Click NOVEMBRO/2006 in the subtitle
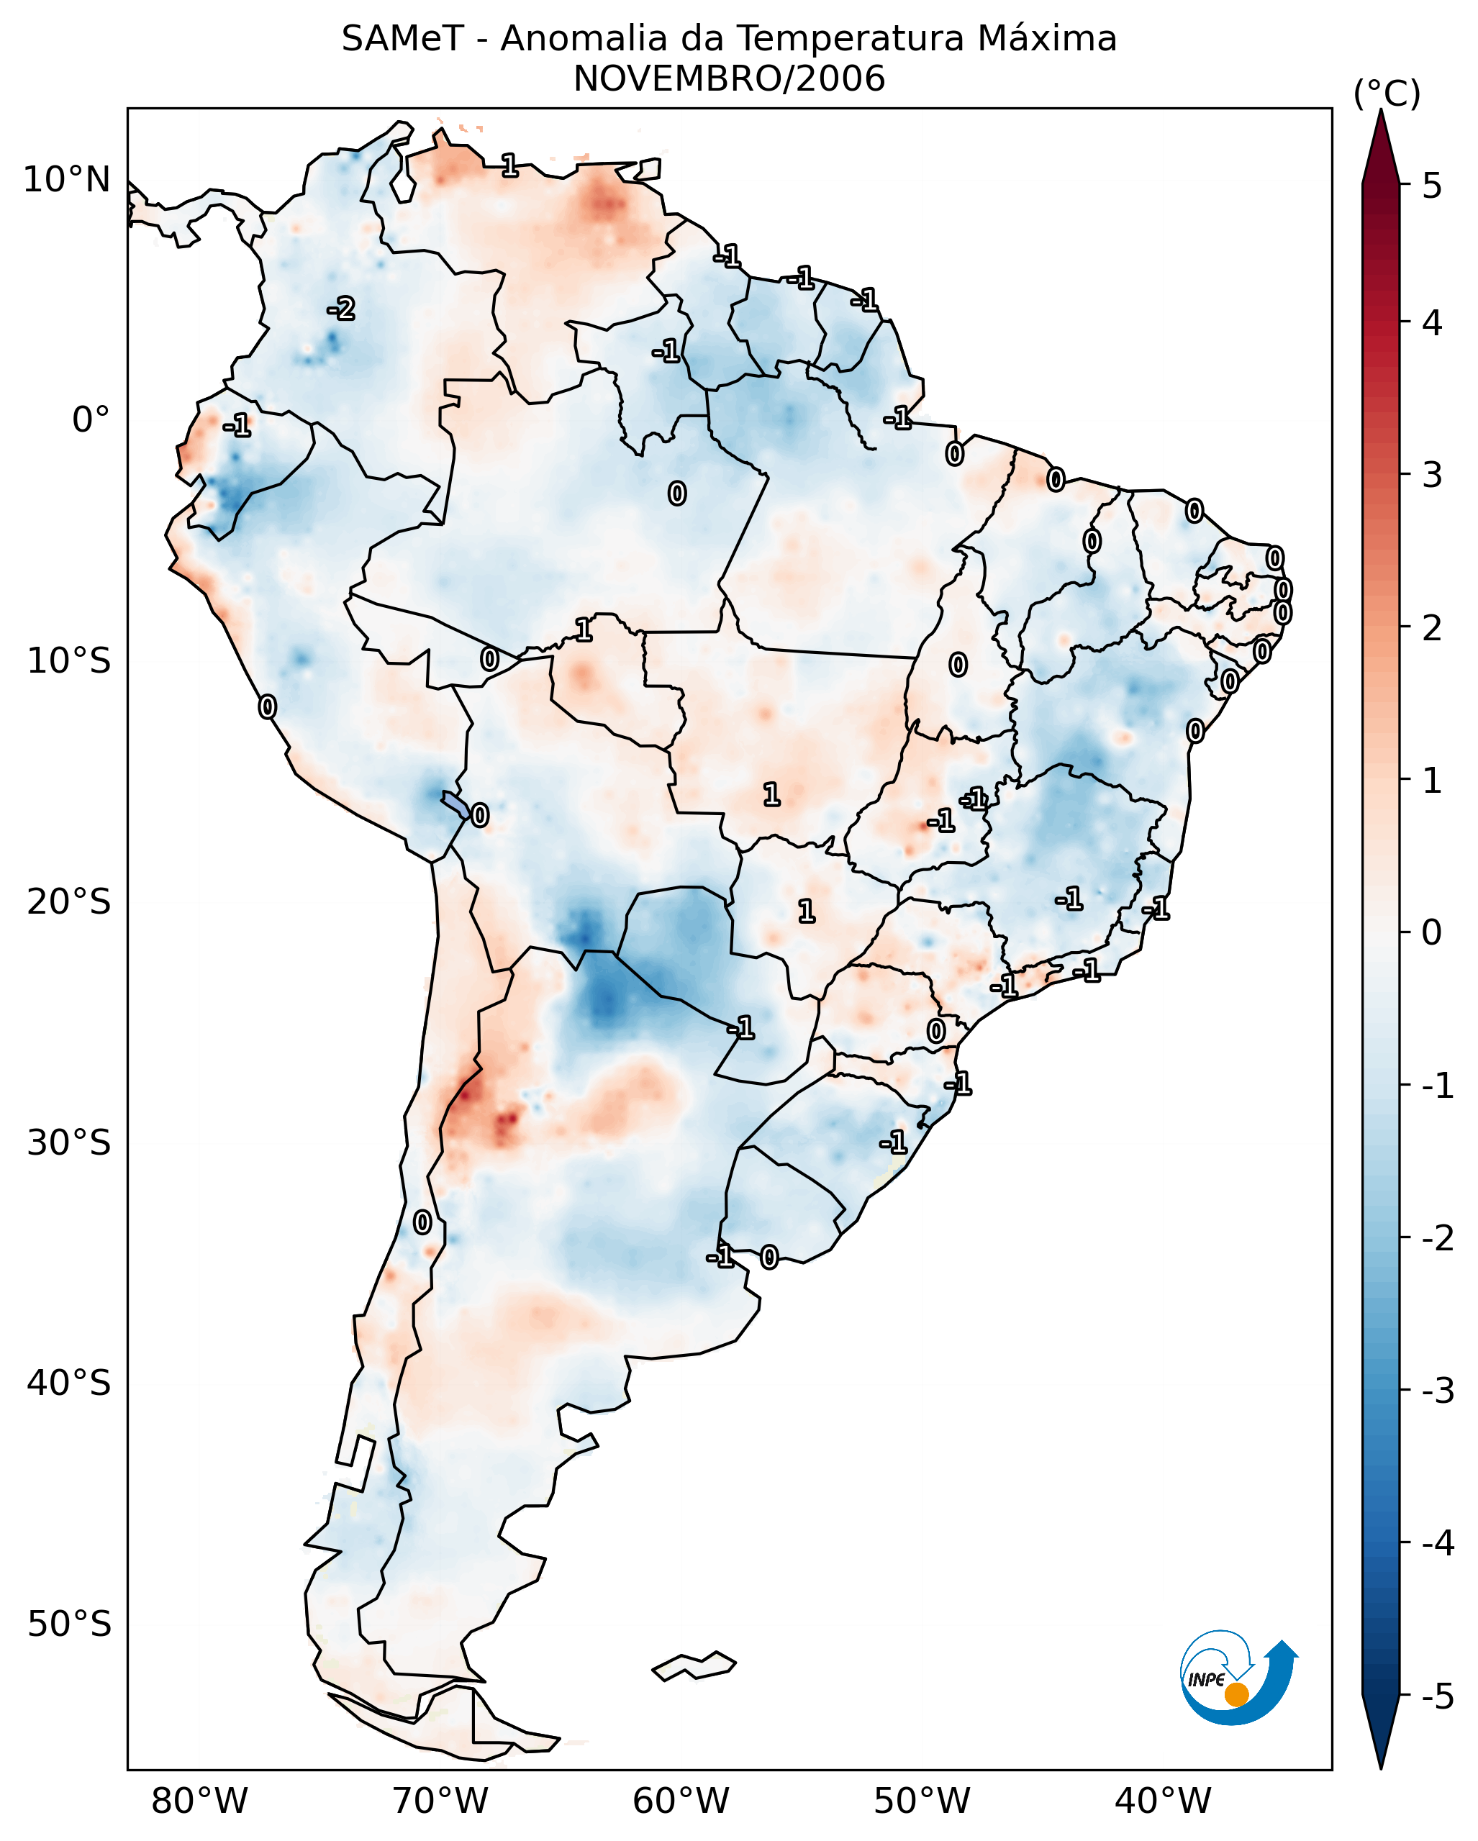point(729,79)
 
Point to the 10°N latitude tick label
point(67,180)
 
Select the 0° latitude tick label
point(91,420)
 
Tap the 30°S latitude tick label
point(68,1142)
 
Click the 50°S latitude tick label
point(68,1624)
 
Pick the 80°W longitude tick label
point(199,1801)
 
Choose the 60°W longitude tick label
point(681,1801)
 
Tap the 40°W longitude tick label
point(1162,1801)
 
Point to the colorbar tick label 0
point(1432,932)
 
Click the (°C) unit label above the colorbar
point(1387,94)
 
